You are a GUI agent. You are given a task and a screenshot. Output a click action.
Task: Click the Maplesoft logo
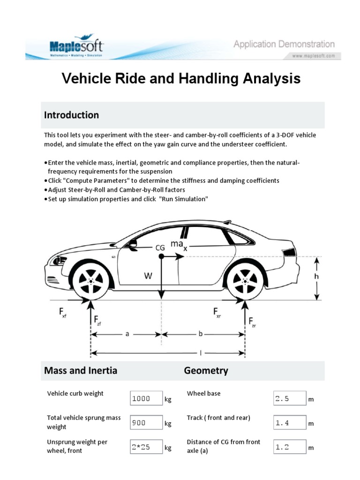[77, 46]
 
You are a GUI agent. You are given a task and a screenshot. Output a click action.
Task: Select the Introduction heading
[71, 115]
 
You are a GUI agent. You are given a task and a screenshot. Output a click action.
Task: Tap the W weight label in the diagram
[148, 276]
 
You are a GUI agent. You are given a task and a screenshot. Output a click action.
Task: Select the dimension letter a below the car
[127, 335]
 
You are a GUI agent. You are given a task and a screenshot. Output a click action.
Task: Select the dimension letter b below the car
[201, 335]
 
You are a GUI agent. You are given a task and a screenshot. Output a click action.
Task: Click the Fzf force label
[96, 321]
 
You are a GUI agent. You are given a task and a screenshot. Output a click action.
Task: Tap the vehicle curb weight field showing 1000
[146, 398]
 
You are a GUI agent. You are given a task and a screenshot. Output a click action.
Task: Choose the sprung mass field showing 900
[146, 423]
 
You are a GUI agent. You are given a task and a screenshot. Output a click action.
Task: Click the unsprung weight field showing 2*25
[146, 447]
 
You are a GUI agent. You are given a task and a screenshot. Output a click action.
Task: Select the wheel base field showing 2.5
[289, 398]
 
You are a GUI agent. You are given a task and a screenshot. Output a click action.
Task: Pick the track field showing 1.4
[289, 423]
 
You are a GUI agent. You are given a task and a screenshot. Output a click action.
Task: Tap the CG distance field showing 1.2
[289, 447]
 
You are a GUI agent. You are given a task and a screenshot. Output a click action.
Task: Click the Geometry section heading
[206, 370]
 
